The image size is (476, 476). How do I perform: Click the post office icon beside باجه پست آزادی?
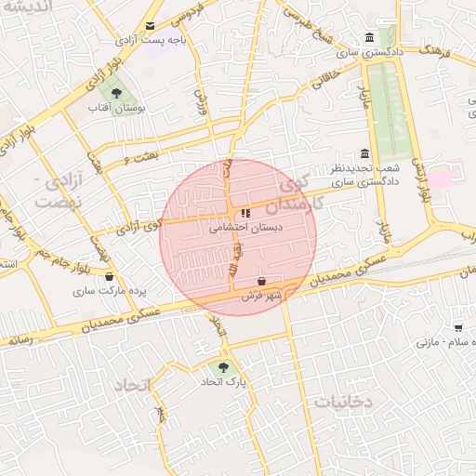click(151, 26)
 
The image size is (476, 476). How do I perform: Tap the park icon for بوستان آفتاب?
click(116, 93)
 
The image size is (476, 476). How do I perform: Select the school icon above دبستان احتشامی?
click(245, 213)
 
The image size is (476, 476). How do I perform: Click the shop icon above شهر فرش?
click(262, 281)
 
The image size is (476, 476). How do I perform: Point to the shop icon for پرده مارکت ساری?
click(110, 276)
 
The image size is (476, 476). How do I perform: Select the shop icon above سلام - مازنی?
click(458, 327)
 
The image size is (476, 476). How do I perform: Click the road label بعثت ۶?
click(139, 159)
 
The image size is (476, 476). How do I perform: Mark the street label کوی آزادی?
click(138, 225)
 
